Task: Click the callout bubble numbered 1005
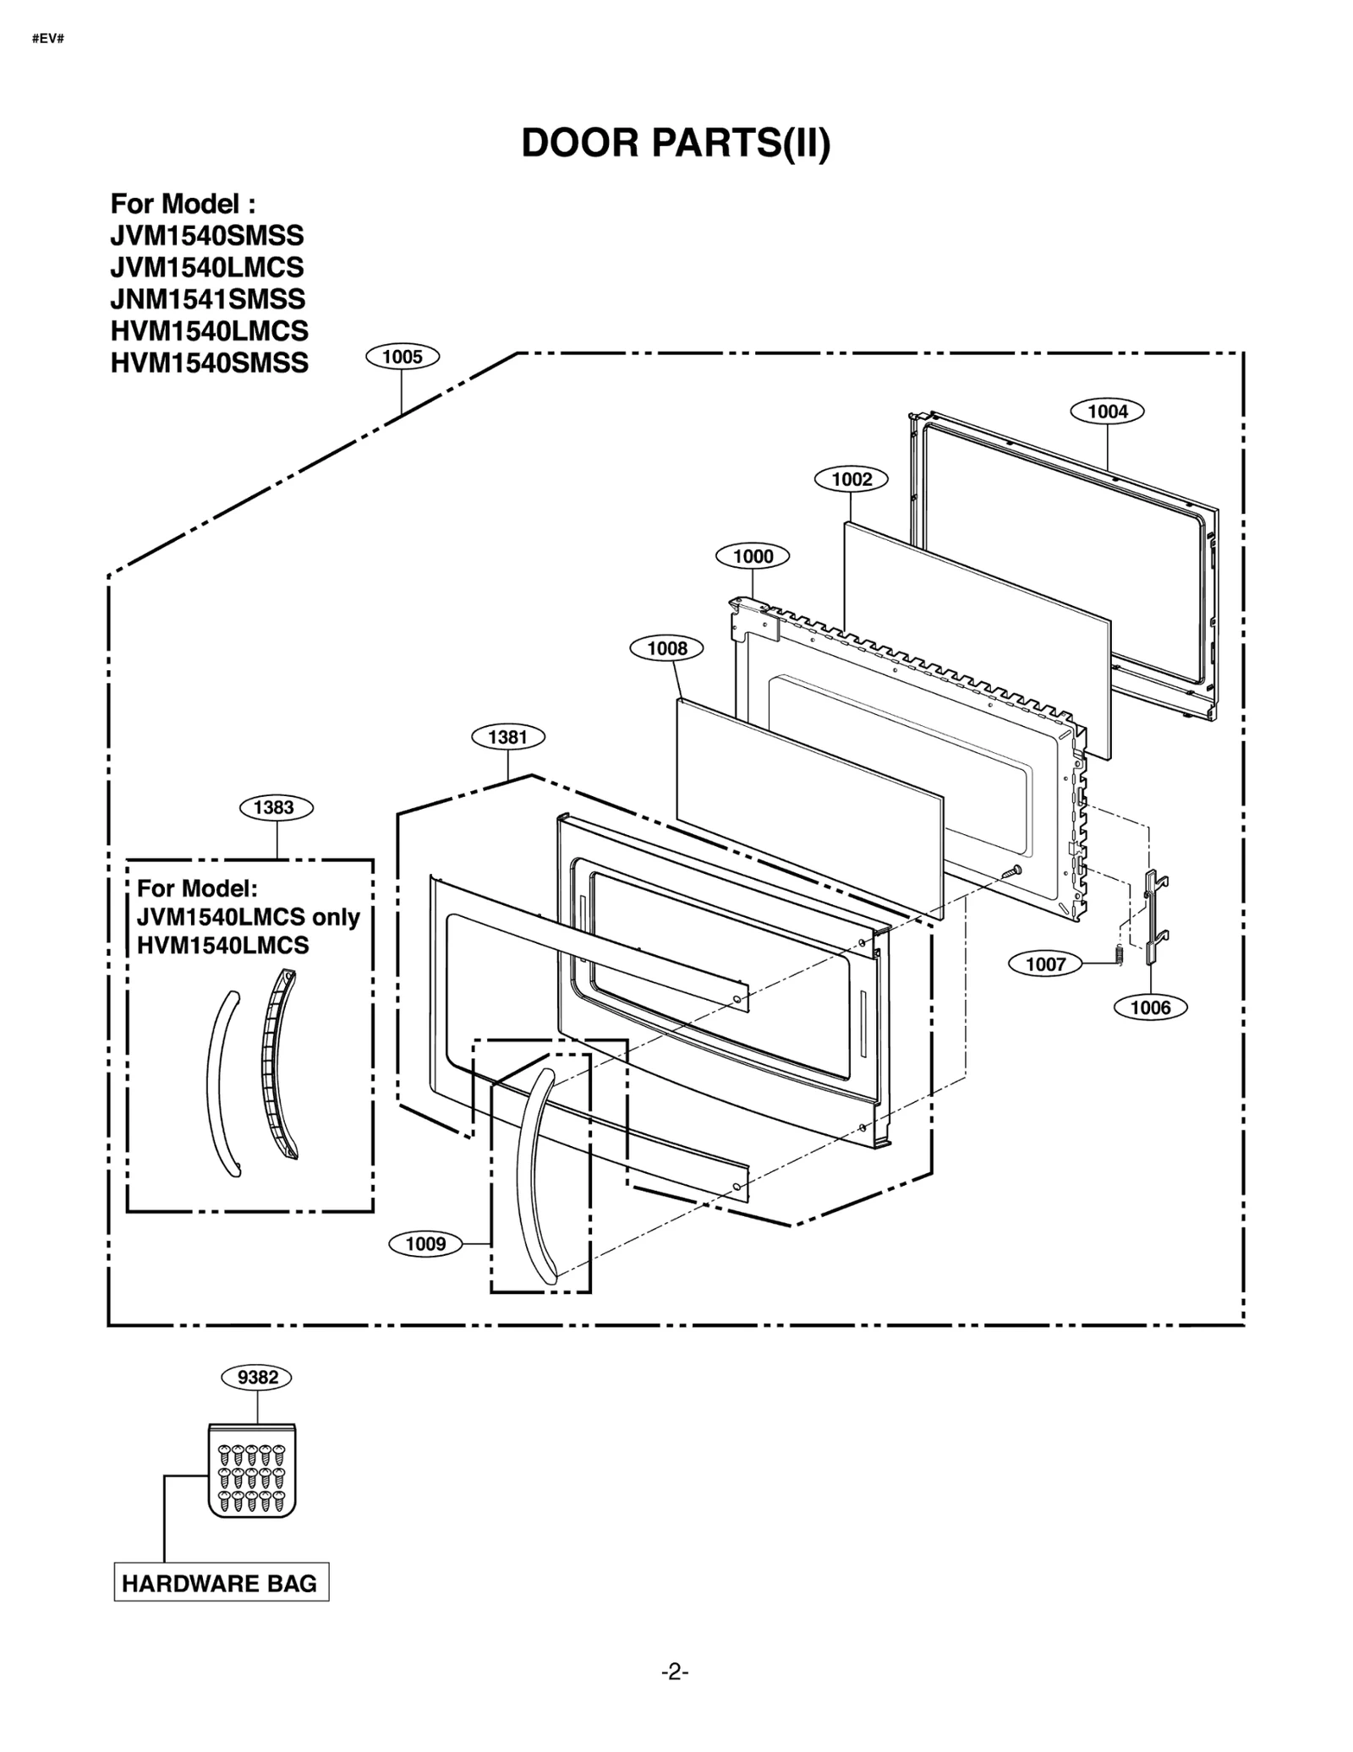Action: click(402, 357)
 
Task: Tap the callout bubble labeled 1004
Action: click(1107, 412)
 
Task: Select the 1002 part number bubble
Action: click(851, 479)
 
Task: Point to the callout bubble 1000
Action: click(752, 556)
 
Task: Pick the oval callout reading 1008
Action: click(667, 648)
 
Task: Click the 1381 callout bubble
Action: click(507, 737)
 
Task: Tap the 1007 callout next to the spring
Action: click(1045, 963)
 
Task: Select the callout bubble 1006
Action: click(1150, 1007)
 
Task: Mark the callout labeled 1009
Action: click(425, 1243)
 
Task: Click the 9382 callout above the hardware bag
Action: click(257, 1377)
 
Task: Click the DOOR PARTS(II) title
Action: click(676, 144)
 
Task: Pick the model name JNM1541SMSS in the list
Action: click(208, 299)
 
